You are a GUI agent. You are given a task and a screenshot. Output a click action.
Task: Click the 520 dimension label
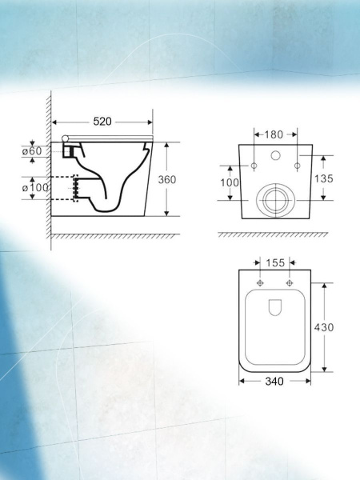pyautogui.click(x=102, y=122)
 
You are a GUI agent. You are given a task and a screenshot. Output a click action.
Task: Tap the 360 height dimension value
pyautogui.click(x=167, y=179)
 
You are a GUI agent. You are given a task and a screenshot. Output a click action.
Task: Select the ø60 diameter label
pyautogui.click(x=32, y=150)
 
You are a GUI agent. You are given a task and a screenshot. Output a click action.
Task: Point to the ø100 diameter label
pyautogui.click(x=35, y=187)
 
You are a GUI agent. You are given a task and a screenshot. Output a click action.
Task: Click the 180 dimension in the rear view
pyautogui.click(x=274, y=134)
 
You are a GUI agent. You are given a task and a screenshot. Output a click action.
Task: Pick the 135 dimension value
pyautogui.click(x=323, y=178)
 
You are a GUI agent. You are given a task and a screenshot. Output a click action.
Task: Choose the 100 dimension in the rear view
pyautogui.click(x=230, y=182)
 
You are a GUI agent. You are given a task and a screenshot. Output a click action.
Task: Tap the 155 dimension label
pyautogui.click(x=275, y=262)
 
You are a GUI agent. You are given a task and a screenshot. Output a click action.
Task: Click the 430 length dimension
pyautogui.click(x=324, y=327)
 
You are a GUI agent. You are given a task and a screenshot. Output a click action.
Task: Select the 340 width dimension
pyautogui.click(x=274, y=381)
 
